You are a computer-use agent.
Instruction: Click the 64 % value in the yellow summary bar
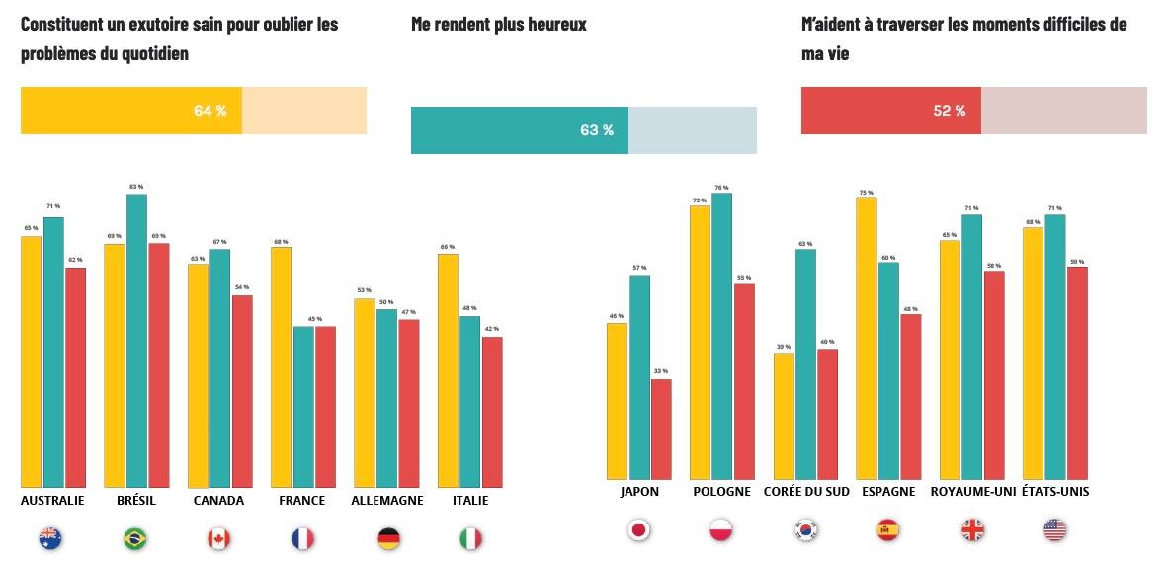(x=209, y=111)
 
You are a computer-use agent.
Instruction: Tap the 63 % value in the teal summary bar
(x=596, y=130)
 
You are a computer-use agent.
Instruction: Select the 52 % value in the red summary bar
(x=949, y=111)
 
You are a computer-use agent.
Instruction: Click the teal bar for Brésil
(x=136, y=341)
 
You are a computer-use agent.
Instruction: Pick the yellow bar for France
(x=281, y=366)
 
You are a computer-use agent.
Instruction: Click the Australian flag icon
(x=50, y=538)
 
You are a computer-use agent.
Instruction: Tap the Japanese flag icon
(x=639, y=530)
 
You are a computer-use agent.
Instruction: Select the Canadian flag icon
(x=218, y=538)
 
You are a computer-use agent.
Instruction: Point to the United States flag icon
(x=1054, y=530)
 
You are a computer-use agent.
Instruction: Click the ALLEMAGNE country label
(x=387, y=501)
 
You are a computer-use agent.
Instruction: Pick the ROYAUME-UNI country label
(x=972, y=492)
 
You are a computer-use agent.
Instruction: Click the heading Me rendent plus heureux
(x=499, y=24)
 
